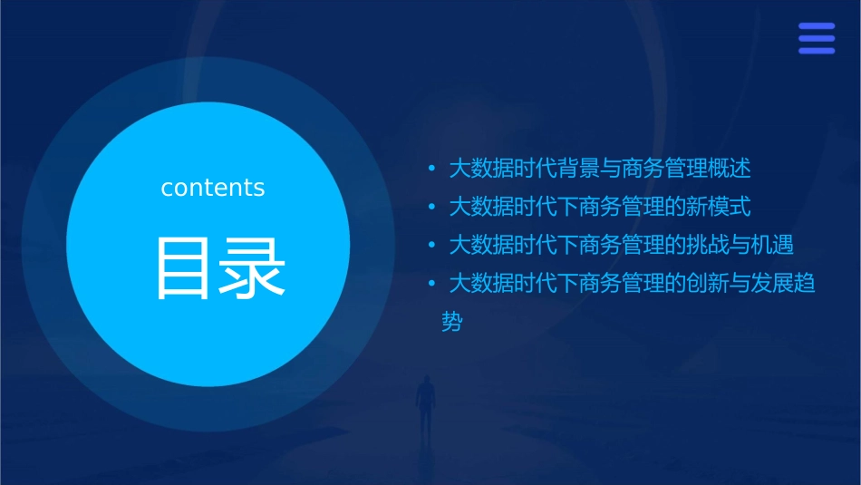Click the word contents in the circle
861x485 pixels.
tap(213, 188)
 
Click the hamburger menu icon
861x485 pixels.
tap(817, 38)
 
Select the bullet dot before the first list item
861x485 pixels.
tap(431, 169)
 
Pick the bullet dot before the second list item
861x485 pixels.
tap(431, 208)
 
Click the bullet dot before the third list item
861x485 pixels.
tap(431, 246)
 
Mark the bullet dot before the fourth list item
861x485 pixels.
tap(431, 285)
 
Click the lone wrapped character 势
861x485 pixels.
tap(451, 323)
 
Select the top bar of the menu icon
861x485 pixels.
tap(817, 26)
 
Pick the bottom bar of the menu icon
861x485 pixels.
tap(817, 51)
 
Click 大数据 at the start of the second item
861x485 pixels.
tap(480, 208)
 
